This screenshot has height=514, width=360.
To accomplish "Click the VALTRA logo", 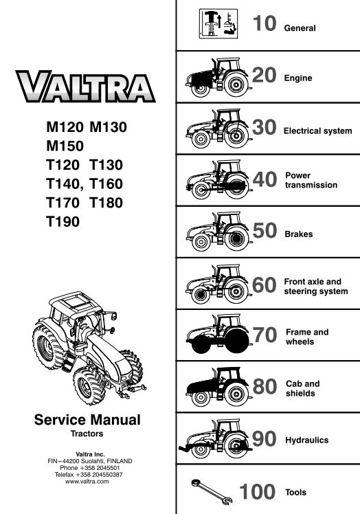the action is coord(85,86).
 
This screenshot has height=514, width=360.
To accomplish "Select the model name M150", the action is coord(65,146).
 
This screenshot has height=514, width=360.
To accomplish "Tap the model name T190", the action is coord(63,221).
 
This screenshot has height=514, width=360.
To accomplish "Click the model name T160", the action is coord(106,184).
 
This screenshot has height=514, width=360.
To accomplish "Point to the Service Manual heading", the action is coord(87,420).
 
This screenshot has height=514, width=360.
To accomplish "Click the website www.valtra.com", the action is coord(87,482).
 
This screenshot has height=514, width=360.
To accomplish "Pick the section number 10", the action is coord(265,23).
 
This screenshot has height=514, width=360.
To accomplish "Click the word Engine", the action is coord(298,78).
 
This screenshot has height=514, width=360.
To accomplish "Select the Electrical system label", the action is coord(317,131).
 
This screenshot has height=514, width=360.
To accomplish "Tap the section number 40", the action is coord(265,179).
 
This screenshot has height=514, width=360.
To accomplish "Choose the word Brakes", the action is coord(299,234).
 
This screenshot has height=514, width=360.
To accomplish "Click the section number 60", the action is coord(265,285).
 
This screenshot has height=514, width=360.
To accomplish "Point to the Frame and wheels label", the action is coord(307,337).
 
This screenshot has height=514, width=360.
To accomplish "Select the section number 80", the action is coord(265,386).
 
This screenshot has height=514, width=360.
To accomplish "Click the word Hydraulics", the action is coord(307,440).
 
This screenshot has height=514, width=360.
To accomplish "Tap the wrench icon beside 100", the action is coord(212,492).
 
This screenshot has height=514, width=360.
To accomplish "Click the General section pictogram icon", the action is coord(218,23).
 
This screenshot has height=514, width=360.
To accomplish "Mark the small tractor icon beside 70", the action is coord(218,334).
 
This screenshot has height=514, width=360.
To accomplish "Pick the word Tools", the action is coord(295,492).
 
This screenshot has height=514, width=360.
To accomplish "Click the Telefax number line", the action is coord(89,475).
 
